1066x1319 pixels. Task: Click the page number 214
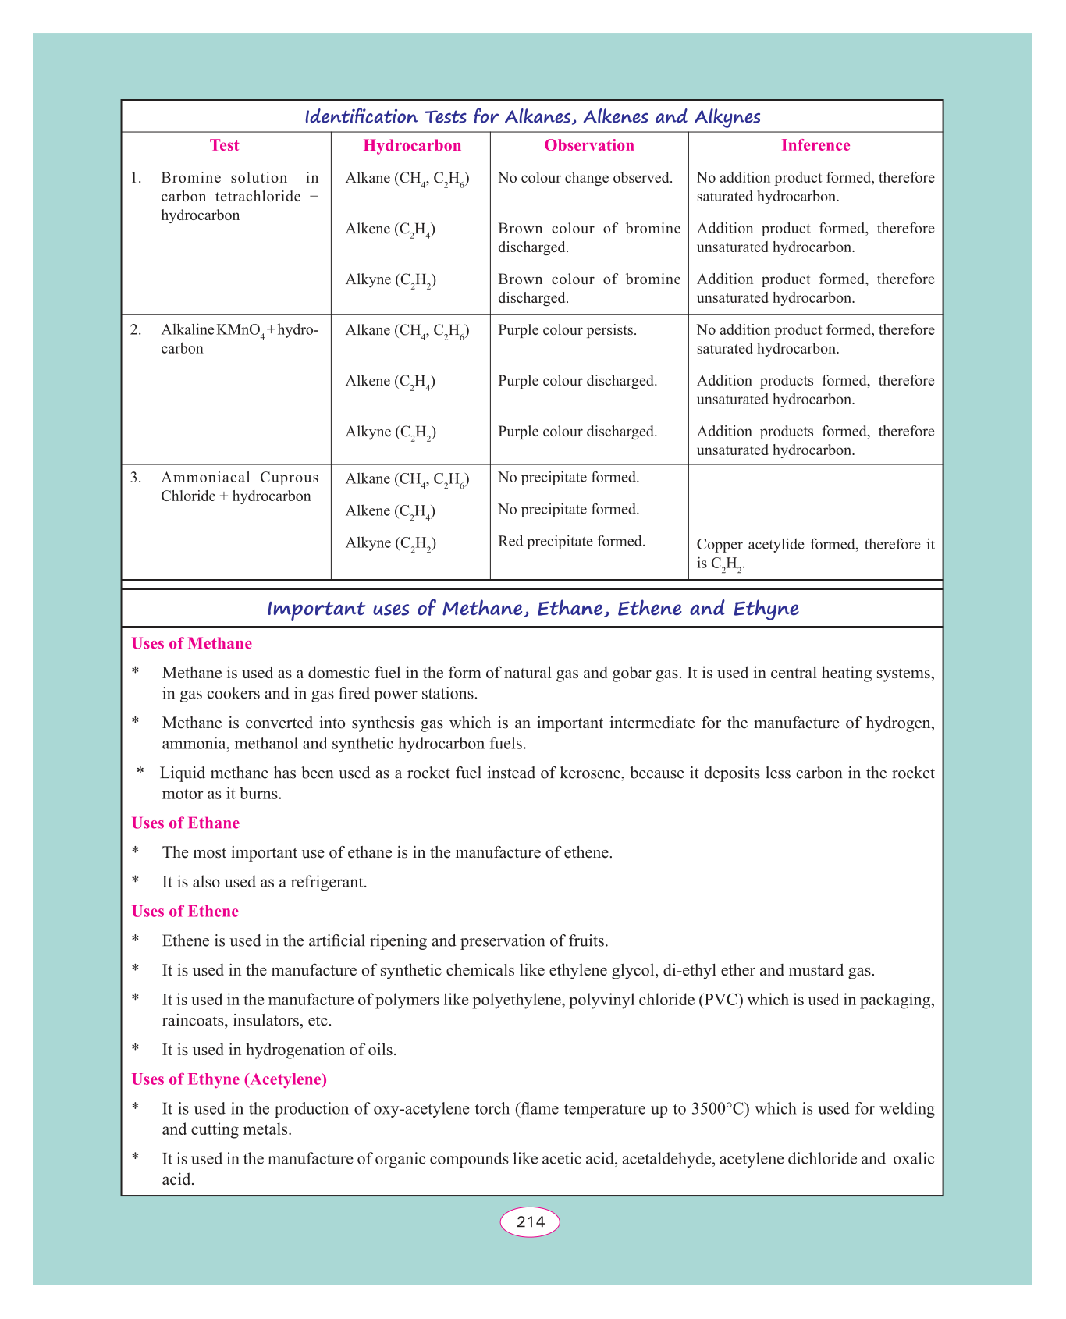click(x=530, y=1222)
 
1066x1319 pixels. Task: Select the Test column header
click(x=225, y=145)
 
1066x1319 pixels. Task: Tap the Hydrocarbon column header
click(x=412, y=145)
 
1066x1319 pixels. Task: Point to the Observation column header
click(x=589, y=145)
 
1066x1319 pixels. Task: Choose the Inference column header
click(x=815, y=145)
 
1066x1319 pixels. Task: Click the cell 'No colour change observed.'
click(x=585, y=178)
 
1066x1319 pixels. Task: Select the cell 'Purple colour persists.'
click(x=567, y=330)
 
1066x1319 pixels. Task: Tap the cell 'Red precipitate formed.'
click(x=571, y=541)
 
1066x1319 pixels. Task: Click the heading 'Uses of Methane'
click(x=191, y=644)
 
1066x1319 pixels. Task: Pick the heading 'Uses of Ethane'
click(x=185, y=823)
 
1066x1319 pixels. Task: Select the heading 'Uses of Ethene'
click(x=185, y=912)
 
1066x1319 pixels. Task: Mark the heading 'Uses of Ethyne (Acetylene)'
click(x=229, y=1079)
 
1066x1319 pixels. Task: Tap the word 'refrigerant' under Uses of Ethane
click(x=328, y=883)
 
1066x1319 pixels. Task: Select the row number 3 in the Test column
click(x=136, y=478)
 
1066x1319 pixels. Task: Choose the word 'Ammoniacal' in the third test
click(x=206, y=478)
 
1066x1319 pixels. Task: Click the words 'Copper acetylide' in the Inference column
click(x=748, y=545)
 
